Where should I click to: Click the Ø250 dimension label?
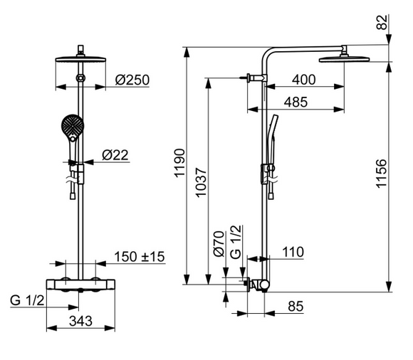(x=132, y=80)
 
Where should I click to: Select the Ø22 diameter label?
(x=115, y=155)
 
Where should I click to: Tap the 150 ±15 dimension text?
(x=140, y=257)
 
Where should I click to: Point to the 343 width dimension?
(x=80, y=321)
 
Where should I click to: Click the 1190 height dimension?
(x=180, y=163)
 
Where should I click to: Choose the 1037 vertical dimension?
(x=201, y=182)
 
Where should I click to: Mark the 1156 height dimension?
(x=381, y=174)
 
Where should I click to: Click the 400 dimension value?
(x=303, y=80)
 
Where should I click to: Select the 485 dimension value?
(x=296, y=102)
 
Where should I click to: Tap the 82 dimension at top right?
(x=382, y=22)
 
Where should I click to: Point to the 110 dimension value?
(x=293, y=252)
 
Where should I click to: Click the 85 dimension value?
(x=296, y=307)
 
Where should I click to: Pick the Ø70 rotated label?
(x=219, y=244)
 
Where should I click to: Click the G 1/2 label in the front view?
(x=27, y=300)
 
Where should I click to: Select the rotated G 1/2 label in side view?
(x=236, y=242)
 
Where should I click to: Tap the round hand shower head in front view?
(x=73, y=126)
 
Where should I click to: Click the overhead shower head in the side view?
(x=344, y=59)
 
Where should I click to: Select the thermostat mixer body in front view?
(x=80, y=285)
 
